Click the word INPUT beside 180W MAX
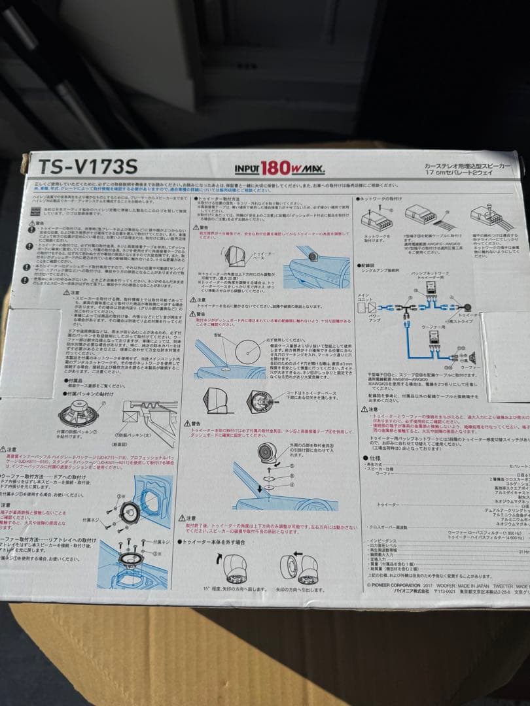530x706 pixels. point(247,169)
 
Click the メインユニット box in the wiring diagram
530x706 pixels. point(363,301)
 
